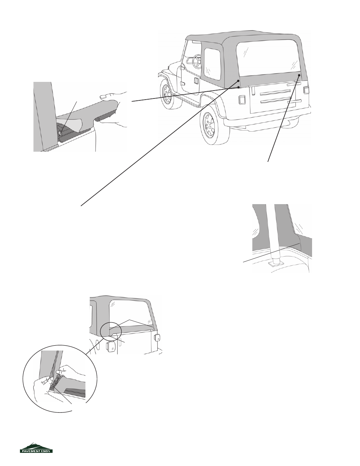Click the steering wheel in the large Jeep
[x=197, y=61]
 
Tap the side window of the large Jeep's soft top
[x=212, y=64]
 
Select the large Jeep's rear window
[x=268, y=58]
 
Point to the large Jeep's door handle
[x=196, y=80]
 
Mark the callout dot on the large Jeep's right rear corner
[x=299, y=75]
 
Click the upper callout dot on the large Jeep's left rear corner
[x=238, y=81]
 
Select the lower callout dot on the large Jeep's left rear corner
[x=238, y=87]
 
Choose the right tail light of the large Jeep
[x=306, y=90]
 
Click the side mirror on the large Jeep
[x=182, y=67]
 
